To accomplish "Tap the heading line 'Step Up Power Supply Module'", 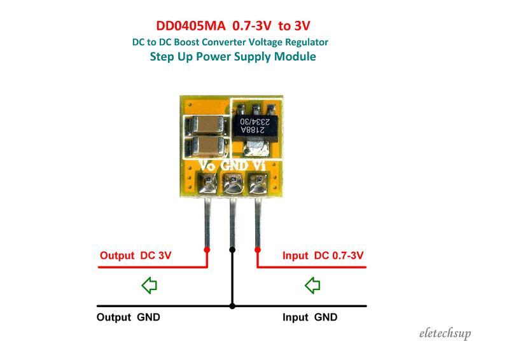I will (x=233, y=57).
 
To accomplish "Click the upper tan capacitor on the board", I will (x=206, y=124).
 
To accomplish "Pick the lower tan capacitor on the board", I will (x=206, y=147).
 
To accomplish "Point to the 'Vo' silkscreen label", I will (x=207, y=165).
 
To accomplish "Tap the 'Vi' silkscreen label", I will (x=258, y=165).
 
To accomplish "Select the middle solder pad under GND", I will (x=232, y=184).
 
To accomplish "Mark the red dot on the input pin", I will (x=258, y=250).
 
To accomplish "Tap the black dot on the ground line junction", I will (x=232, y=306).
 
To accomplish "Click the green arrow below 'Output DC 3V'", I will (x=149, y=286).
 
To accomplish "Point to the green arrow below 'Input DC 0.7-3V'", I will (x=312, y=286).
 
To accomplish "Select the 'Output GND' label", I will (x=128, y=317).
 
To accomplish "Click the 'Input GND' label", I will (x=310, y=317).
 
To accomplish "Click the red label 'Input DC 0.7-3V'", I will (x=323, y=256).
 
